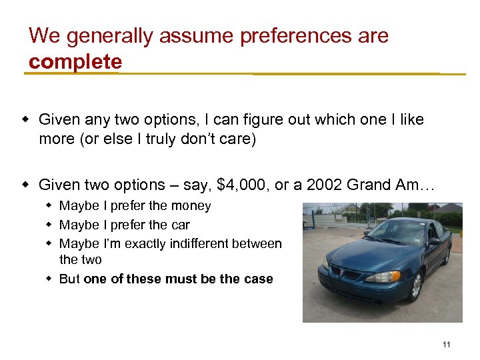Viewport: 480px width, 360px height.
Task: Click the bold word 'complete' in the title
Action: coord(75,62)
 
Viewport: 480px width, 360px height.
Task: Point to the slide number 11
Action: coord(446,345)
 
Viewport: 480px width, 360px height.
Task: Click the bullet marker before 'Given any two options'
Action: coord(28,120)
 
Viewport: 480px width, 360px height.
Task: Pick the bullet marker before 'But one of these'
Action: coord(49,279)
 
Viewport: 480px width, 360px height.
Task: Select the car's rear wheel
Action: coord(447,255)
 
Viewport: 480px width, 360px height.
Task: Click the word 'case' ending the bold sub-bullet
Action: coord(258,279)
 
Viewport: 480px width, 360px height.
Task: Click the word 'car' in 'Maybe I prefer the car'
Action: coord(180,225)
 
